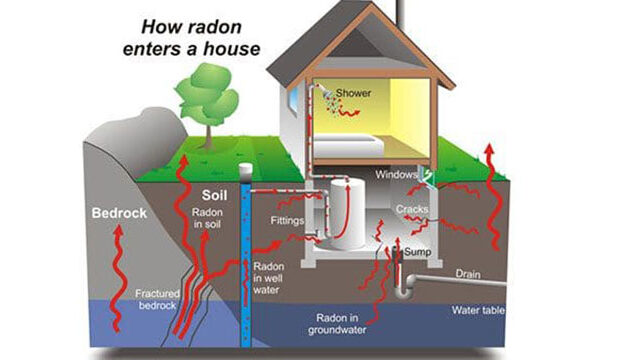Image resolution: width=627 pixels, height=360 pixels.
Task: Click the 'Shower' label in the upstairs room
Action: point(352,93)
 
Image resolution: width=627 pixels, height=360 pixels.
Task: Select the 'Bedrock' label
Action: point(118,213)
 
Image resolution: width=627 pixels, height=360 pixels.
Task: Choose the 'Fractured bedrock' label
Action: point(158,299)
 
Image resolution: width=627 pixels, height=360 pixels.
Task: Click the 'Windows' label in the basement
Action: point(396,175)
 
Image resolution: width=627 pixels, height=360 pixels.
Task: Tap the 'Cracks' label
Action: point(412,208)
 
